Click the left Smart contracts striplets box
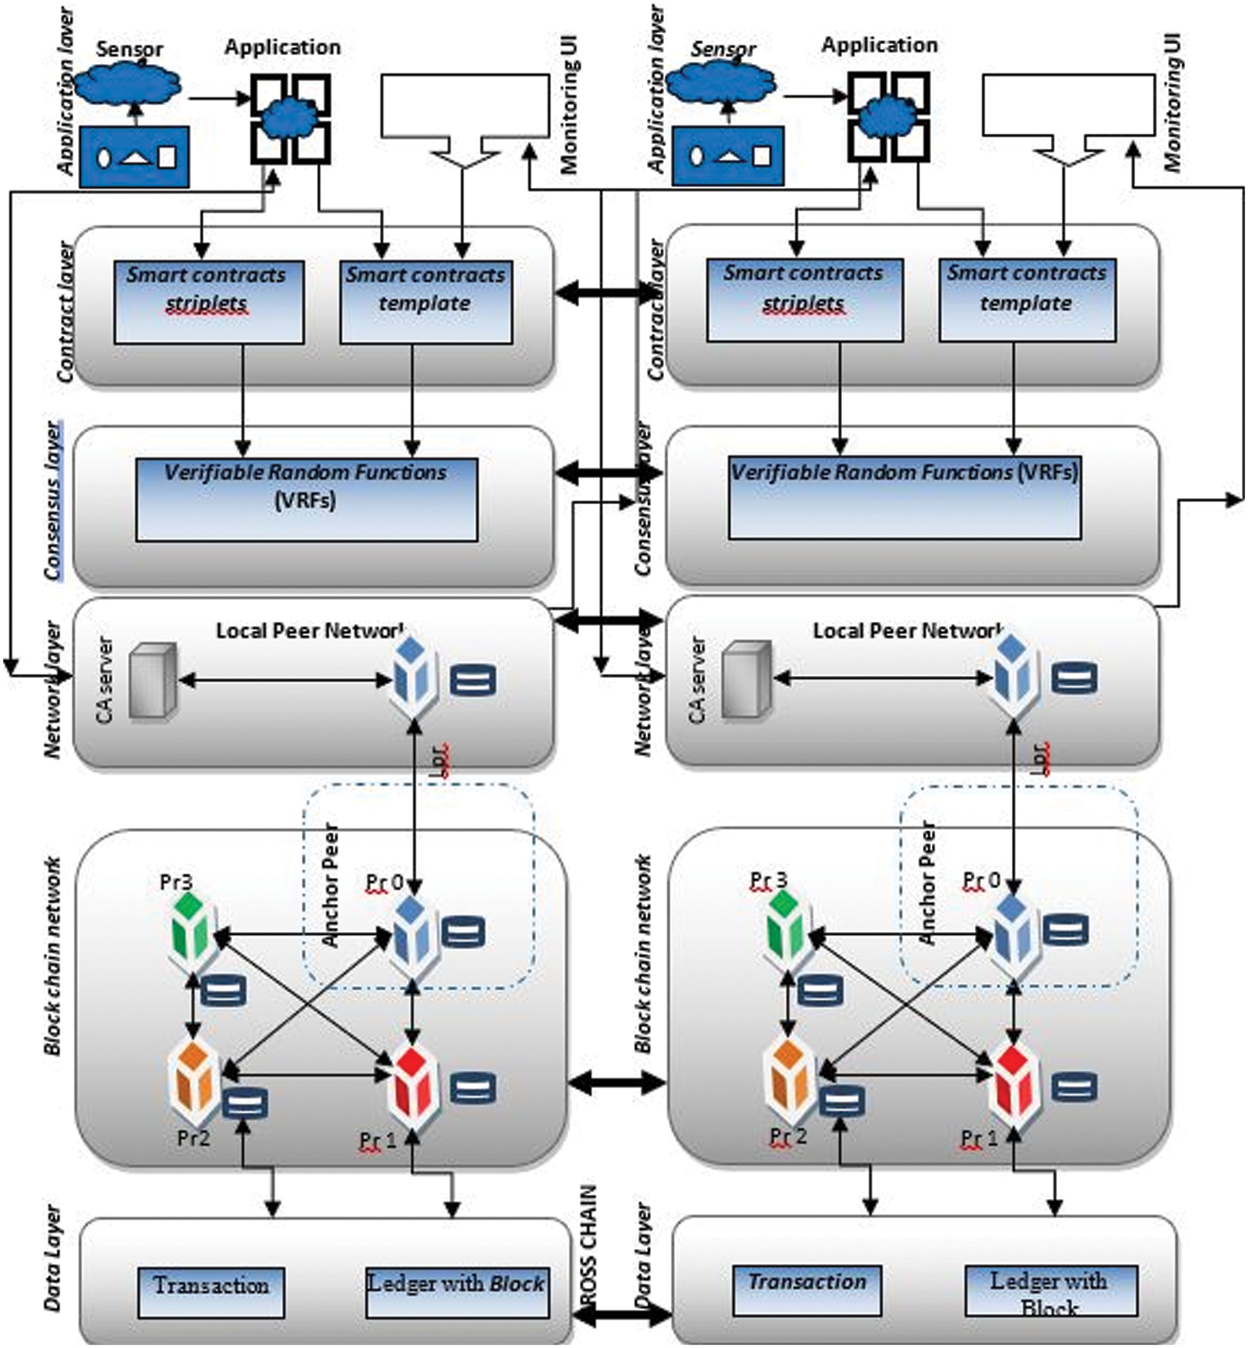(208, 301)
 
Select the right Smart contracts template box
(1027, 299)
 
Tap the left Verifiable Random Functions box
(306, 499)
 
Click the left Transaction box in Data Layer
(211, 1291)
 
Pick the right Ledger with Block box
(1051, 1291)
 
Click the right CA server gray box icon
(745, 679)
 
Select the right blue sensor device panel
(727, 156)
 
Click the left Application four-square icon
(290, 118)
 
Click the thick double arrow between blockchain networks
(617, 1083)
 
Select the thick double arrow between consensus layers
(608, 473)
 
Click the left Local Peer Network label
(310, 630)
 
